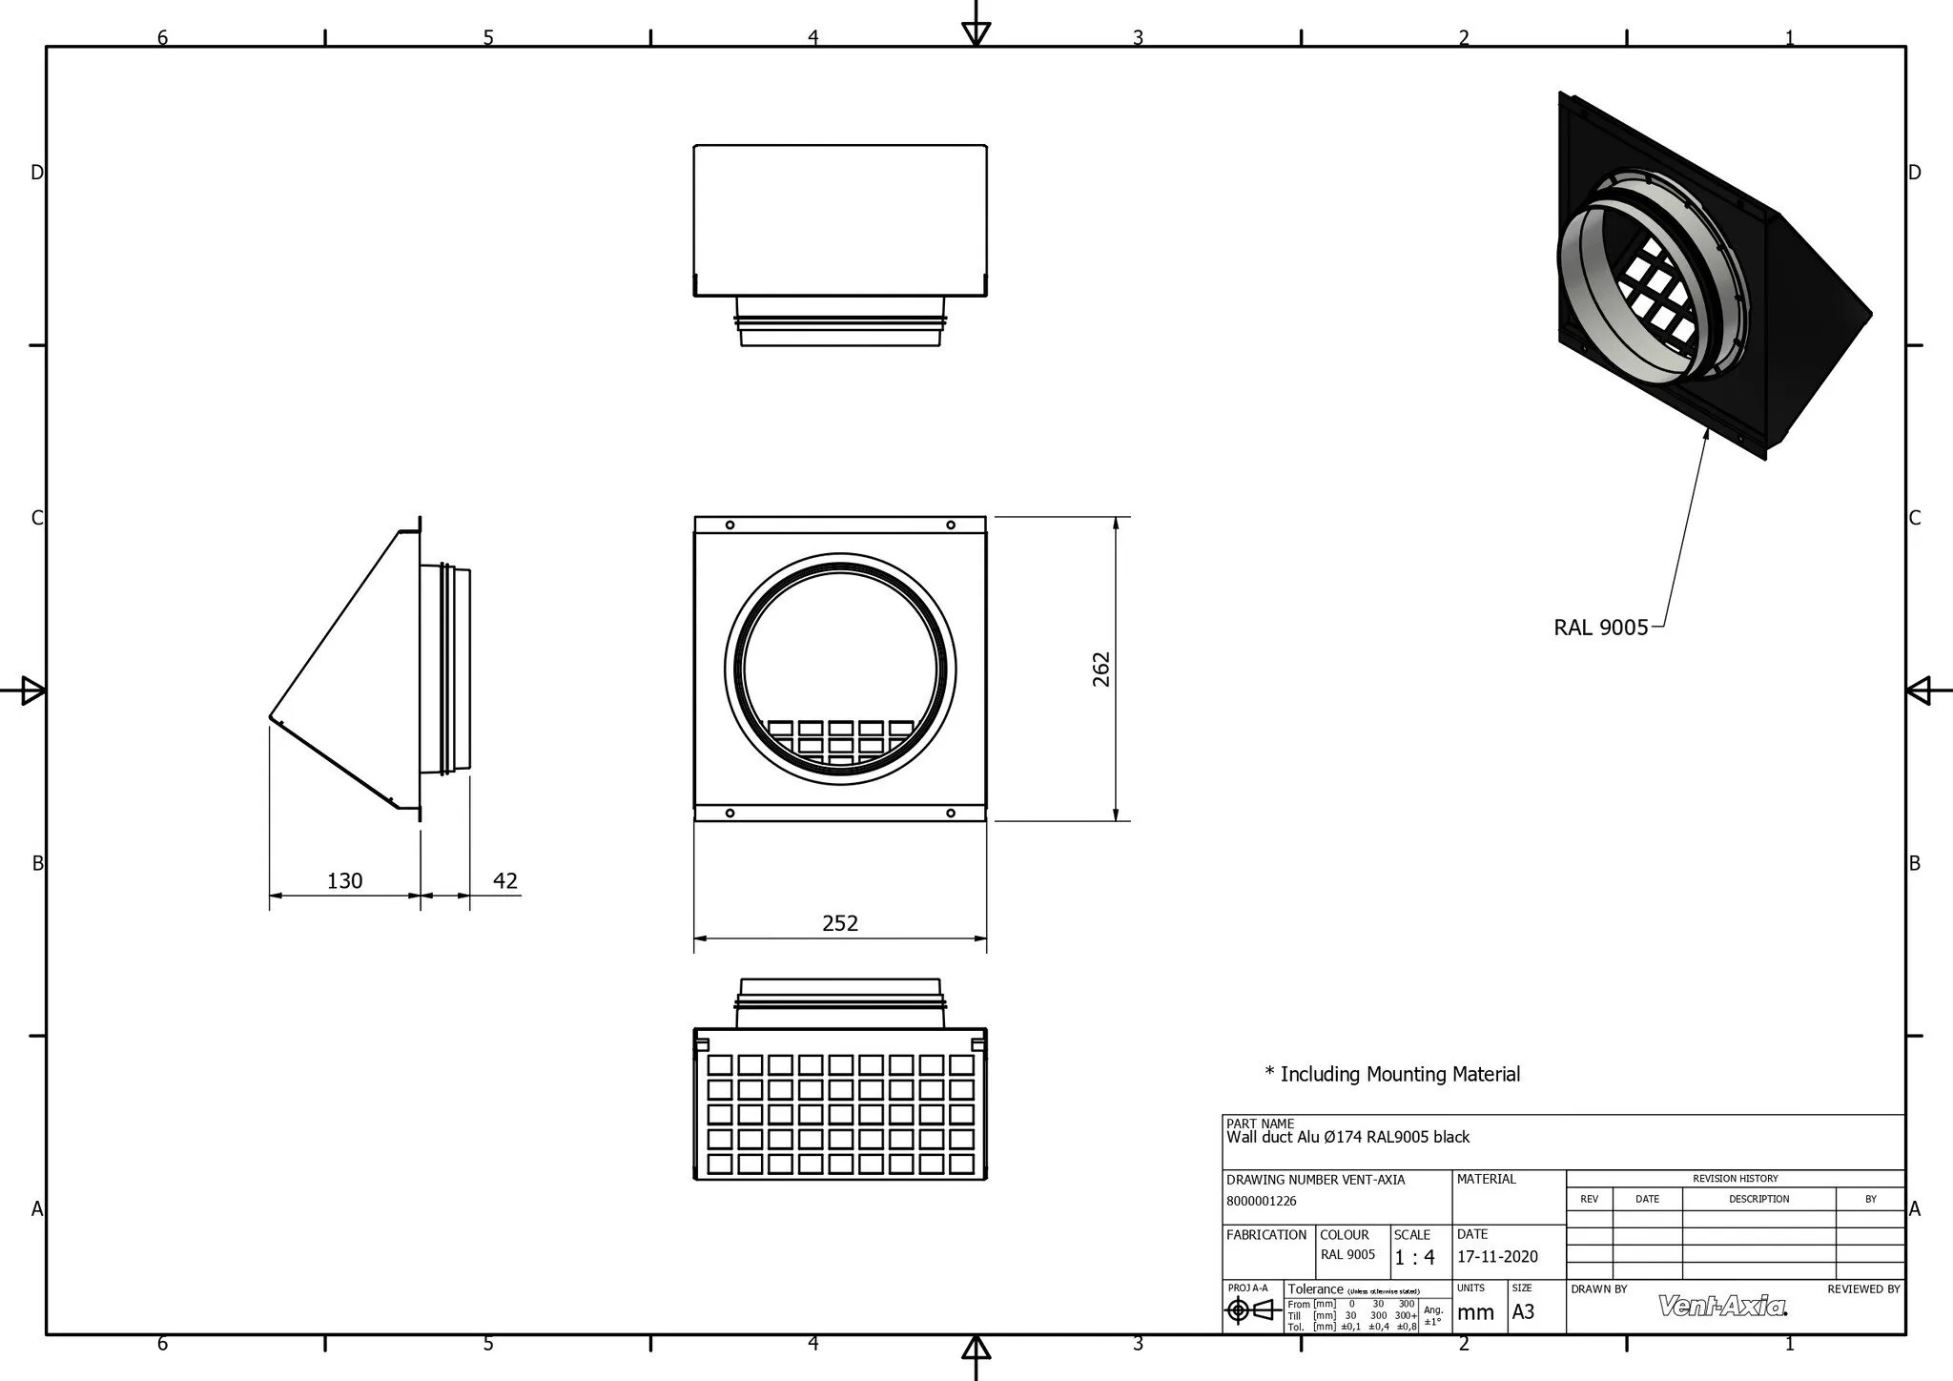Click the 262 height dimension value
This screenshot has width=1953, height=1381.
1101,669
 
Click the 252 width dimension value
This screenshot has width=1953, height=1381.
840,923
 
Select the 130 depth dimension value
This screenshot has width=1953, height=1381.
344,880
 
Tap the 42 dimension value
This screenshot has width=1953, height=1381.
505,880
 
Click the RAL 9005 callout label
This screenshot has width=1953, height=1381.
1600,628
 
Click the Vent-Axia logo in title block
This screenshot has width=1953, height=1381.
1722,1306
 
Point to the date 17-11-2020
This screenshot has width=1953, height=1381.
1497,1257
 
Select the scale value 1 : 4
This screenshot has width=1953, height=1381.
1414,1258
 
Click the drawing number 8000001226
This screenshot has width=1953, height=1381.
1262,1201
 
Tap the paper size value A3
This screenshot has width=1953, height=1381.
1523,1311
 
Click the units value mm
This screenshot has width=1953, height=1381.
1475,1312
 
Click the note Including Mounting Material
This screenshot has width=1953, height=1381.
1392,1074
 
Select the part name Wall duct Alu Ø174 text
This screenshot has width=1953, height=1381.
1347,1137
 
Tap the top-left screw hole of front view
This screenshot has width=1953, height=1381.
730,526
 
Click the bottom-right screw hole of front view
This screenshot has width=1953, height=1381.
951,813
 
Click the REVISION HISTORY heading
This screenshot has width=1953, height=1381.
1735,1179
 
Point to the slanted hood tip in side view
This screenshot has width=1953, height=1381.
271,715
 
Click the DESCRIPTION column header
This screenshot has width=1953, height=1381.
1758,1199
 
